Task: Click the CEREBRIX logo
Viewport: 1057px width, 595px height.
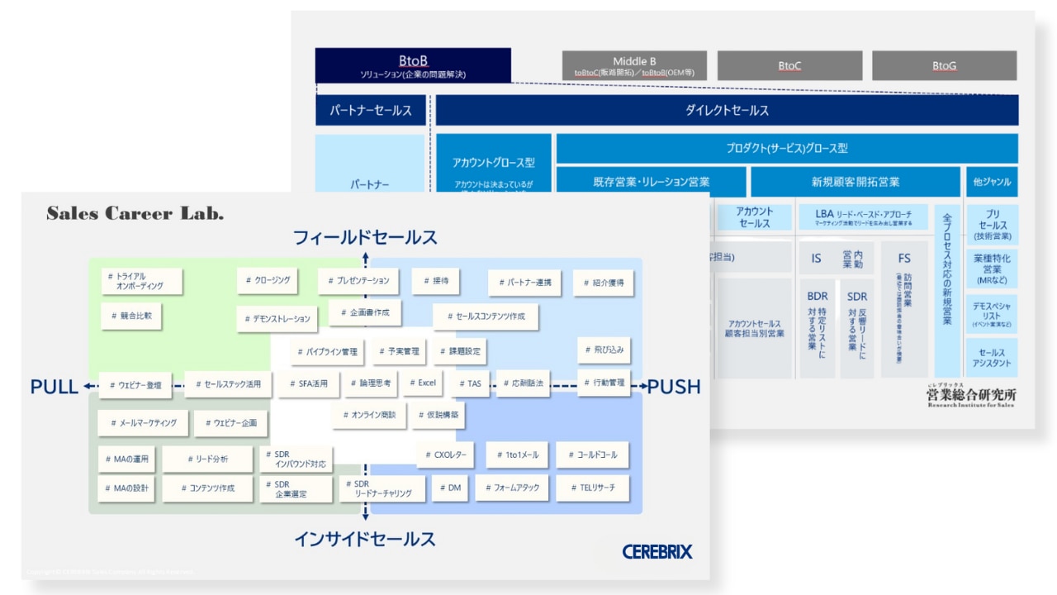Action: pos(657,551)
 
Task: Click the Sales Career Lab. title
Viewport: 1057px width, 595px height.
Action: pos(135,214)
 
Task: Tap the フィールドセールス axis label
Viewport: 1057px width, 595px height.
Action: pos(365,238)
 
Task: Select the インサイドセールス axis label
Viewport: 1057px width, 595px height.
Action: pos(365,539)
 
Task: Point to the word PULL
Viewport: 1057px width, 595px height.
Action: pos(54,387)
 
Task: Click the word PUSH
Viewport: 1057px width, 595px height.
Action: pos(674,387)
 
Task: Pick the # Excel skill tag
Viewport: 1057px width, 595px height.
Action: pos(422,383)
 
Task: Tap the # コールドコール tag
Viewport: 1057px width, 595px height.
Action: pos(592,455)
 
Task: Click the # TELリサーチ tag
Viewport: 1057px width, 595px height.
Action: pos(592,488)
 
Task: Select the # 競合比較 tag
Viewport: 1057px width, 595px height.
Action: pos(131,315)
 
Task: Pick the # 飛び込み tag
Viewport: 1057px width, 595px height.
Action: pos(604,350)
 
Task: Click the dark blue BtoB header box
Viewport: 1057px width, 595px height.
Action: pos(413,66)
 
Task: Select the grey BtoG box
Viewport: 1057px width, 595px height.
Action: pos(944,66)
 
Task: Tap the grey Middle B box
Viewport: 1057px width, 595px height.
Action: pos(634,66)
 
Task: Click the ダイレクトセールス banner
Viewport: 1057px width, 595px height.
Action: pos(727,110)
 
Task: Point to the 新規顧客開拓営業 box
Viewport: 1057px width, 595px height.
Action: pos(856,182)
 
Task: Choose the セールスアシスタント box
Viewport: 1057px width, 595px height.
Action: pos(991,358)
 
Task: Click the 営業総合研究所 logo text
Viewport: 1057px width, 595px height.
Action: pos(971,396)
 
